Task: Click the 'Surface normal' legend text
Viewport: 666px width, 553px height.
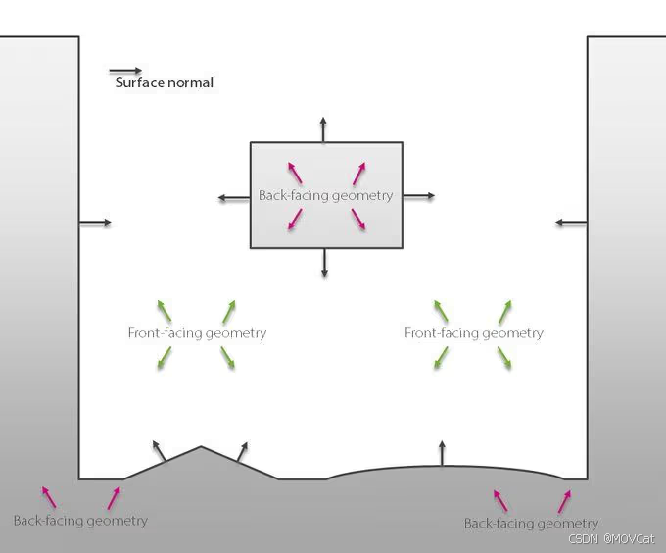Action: point(164,83)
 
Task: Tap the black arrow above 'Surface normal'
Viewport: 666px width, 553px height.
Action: point(125,71)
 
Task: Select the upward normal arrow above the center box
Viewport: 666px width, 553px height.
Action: point(325,128)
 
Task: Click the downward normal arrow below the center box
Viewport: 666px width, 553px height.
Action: point(325,262)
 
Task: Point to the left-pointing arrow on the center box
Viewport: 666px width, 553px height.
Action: point(234,198)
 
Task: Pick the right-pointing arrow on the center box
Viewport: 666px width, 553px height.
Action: point(418,196)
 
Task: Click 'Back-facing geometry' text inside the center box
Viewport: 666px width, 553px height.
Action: point(325,195)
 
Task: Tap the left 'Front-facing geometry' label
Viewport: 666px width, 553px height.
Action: point(197,333)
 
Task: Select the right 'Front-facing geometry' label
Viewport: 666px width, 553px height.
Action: point(473,333)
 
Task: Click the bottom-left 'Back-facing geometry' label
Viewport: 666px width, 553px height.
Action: point(80,520)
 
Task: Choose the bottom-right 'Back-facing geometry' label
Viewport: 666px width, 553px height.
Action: point(531,524)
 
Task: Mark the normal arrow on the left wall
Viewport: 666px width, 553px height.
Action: point(95,224)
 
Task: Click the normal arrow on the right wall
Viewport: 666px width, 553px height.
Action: point(571,224)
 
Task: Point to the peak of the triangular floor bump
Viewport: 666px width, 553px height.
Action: point(201,447)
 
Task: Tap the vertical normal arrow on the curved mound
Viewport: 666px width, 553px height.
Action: point(442,454)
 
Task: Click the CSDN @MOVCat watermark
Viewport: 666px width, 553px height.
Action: point(611,538)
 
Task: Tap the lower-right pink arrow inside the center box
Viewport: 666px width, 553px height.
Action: point(358,222)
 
